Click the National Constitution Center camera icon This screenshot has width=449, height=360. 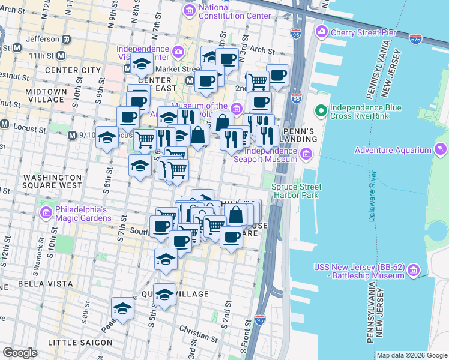pos(190,10)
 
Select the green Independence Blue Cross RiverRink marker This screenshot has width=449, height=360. pos(321,110)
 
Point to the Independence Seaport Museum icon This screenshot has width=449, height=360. pos(306,155)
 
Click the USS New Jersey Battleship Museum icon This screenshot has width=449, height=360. pos(413,271)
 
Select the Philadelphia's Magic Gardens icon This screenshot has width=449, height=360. pos(46,213)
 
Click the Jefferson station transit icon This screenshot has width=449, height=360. pos(66,38)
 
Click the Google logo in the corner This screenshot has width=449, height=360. pos(20,353)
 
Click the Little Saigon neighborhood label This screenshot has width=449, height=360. pos(80,342)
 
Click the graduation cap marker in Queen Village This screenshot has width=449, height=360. pos(164,293)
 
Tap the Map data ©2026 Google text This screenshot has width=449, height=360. pos(412,355)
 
